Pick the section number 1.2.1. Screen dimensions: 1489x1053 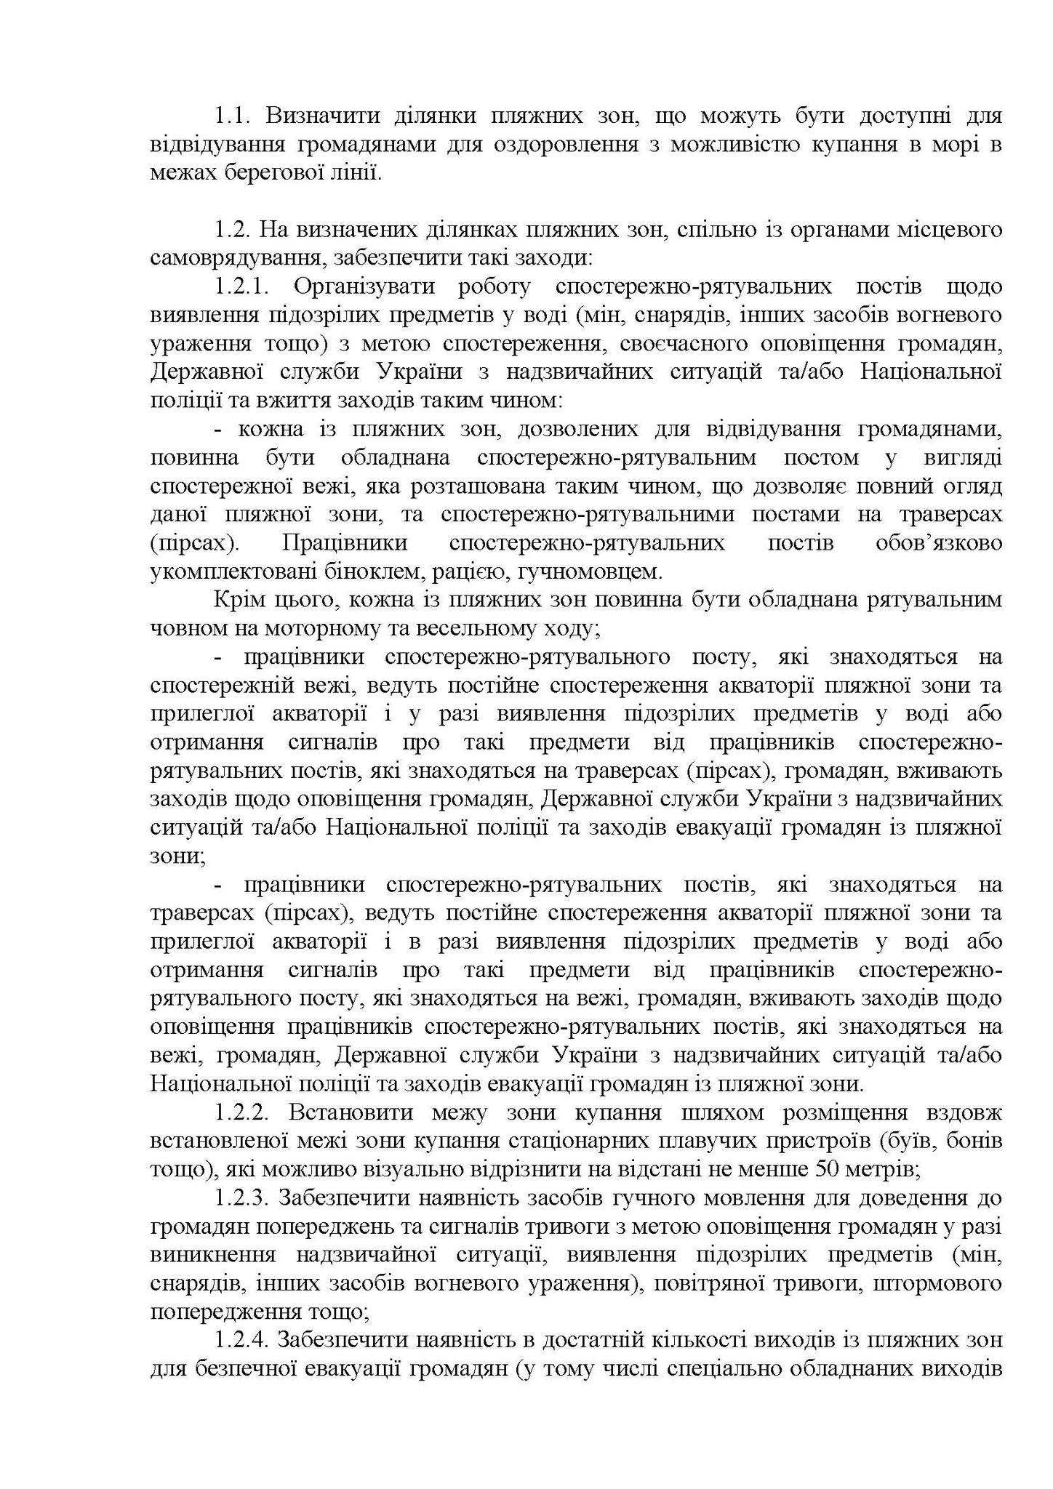[x=242, y=286]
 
